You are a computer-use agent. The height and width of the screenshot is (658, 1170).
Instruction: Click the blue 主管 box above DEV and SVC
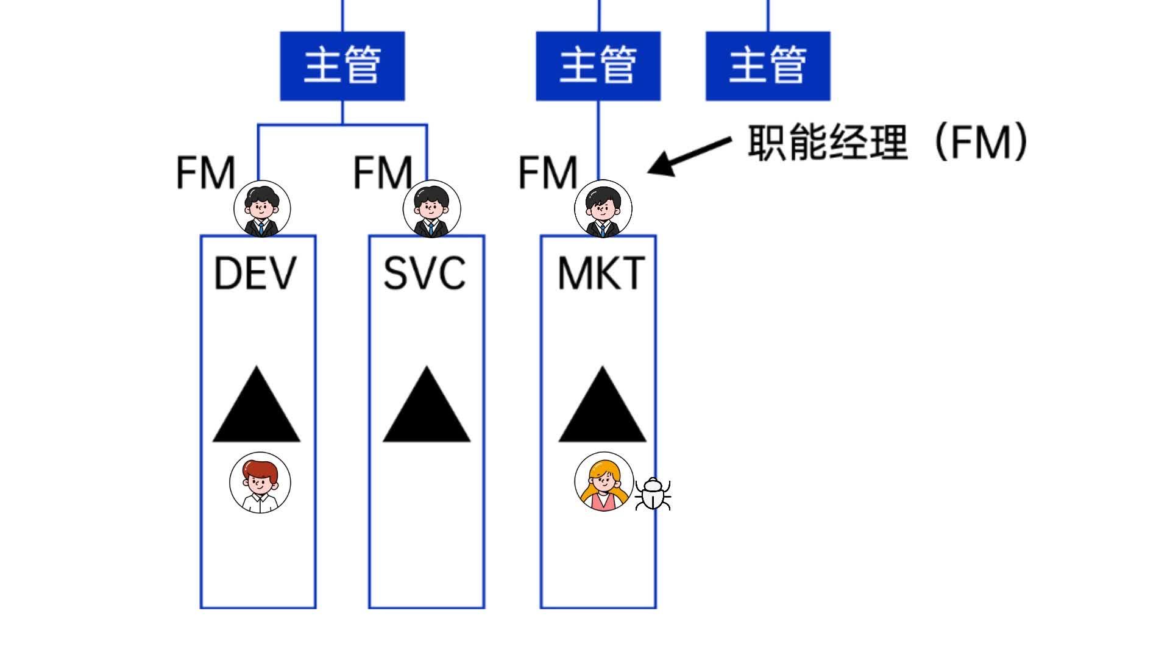pyautogui.click(x=342, y=66)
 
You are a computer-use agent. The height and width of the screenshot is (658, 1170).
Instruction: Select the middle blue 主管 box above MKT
pyautogui.click(x=598, y=66)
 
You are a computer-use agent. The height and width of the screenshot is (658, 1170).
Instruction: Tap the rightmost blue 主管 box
pyautogui.click(x=768, y=66)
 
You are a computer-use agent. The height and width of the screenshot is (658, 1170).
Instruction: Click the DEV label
pyautogui.click(x=255, y=273)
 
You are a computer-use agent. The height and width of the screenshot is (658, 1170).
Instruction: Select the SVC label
pyautogui.click(x=425, y=273)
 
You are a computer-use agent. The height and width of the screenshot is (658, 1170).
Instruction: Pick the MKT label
pyautogui.click(x=601, y=273)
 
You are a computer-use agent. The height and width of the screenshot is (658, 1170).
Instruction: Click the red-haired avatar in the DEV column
pyautogui.click(x=260, y=483)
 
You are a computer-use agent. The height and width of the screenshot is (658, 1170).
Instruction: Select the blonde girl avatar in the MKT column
pyautogui.click(x=604, y=481)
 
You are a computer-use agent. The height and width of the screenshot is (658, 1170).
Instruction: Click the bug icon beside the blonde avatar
pyautogui.click(x=653, y=494)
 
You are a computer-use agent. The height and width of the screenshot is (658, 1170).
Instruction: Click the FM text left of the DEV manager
pyautogui.click(x=205, y=173)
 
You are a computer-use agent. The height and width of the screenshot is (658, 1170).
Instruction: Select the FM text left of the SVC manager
pyautogui.click(x=383, y=173)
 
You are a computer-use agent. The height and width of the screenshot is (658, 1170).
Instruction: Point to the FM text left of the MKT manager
pyautogui.click(x=547, y=173)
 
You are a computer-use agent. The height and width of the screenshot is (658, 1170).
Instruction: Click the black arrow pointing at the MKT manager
pyautogui.click(x=689, y=156)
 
